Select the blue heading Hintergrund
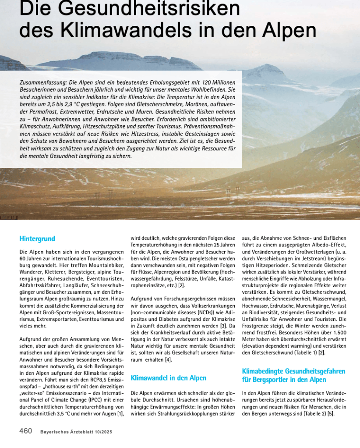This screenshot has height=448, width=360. tap(37, 239)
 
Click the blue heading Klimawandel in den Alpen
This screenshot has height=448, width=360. tap(169, 378)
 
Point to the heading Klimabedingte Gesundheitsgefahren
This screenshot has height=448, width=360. tap(293, 371)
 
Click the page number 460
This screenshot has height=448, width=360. tap(26, 431)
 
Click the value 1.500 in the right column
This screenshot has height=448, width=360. tap(338, 333)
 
